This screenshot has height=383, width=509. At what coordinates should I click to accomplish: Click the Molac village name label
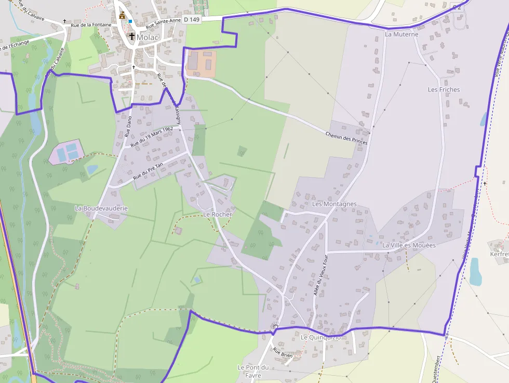click(x=148, y=37)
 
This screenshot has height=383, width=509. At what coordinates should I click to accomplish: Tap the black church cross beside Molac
click(x=132, y=37)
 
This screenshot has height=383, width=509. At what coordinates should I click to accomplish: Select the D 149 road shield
click(x=192, y=20)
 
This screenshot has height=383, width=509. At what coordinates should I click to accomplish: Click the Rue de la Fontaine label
click(x=91, y=24)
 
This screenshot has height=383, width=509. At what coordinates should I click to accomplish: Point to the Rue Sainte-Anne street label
click(x=163, y=23)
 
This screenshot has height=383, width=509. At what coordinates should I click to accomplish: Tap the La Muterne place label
click(x=401, y=34)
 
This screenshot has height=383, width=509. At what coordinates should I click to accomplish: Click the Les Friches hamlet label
click(x=444, y=89)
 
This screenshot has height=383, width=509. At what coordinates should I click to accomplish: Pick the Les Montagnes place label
click(x=334, y=204)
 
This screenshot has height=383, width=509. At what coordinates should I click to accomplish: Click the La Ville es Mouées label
click(x=409, y=245)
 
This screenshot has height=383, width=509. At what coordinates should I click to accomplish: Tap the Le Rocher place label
click(x=217, y=214)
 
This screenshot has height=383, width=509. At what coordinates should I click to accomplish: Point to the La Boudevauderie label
click(x=101, y=208)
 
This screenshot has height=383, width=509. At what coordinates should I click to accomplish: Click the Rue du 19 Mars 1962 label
click(x=152, y=137)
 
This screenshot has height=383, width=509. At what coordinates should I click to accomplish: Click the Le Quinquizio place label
click(x=320, y=337)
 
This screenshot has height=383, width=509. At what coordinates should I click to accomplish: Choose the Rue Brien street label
click(x=283, y=353)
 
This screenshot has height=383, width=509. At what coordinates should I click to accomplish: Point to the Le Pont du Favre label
click(x=253, y=371)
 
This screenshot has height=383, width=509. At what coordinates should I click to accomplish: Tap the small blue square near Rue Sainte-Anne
click(x=131, y=21)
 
